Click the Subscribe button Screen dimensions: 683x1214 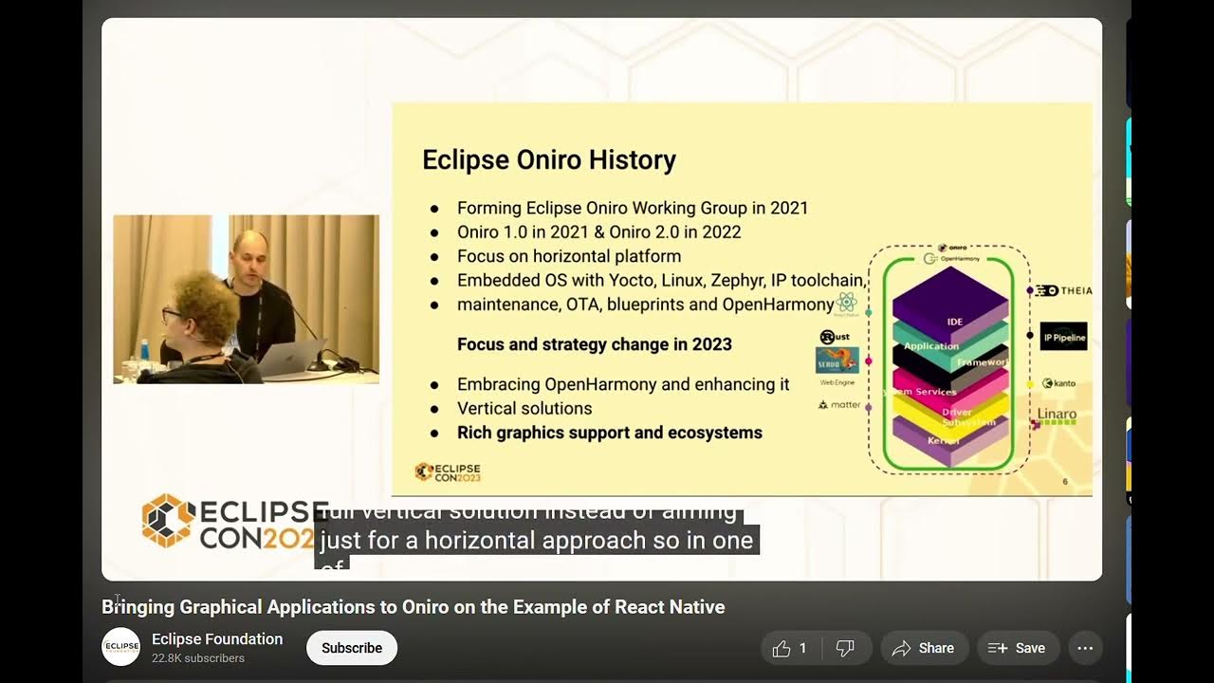tap(351, 648)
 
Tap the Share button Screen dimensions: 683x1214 tap(924, 648)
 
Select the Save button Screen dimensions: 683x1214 tap(1017, 648)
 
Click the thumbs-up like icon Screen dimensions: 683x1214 tap(782, 649)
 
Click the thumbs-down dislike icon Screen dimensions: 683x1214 tap(844, 649)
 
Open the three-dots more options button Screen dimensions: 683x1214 tap(1085, 648)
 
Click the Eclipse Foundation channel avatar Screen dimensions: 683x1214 tap(121, 647)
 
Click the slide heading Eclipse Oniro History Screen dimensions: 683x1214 tap(548, 160)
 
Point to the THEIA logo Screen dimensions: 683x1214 tap(1063, 290)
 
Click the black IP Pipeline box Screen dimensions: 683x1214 tap(1063, 336)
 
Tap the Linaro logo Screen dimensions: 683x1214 tap(1057, 415)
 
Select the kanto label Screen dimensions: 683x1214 tap(1059, 383)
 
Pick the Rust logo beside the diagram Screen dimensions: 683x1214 tap(835, 337)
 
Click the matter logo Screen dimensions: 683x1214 tap(839, 405)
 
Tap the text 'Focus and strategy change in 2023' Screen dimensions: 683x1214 tap(594, 344)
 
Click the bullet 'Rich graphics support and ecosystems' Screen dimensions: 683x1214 tap(609, 433)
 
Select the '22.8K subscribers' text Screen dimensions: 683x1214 tap(198, 658)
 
